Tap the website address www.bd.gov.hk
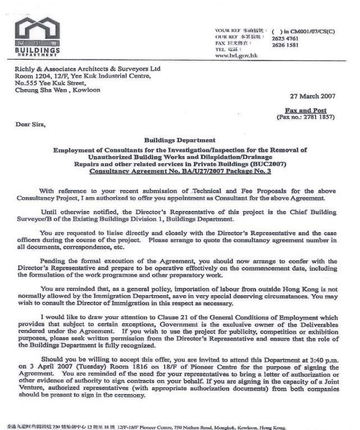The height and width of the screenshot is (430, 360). pos(236,56)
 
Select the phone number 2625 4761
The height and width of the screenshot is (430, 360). pos(285,39)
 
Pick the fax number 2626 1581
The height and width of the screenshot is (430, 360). pos(285,45)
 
